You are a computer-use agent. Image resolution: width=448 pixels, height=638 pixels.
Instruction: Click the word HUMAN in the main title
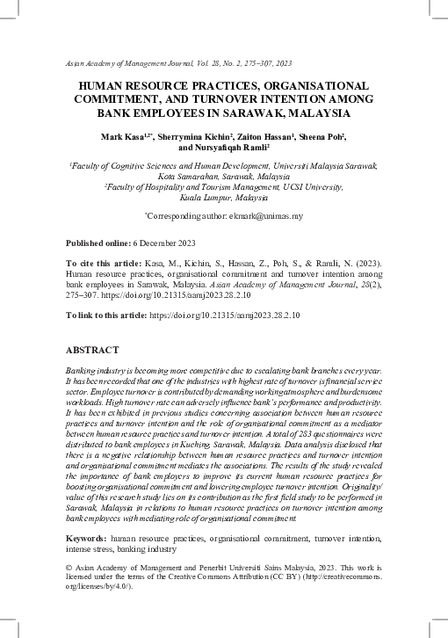click(104, 86)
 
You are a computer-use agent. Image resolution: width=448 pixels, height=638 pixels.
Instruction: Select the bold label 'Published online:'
click(98, 243)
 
